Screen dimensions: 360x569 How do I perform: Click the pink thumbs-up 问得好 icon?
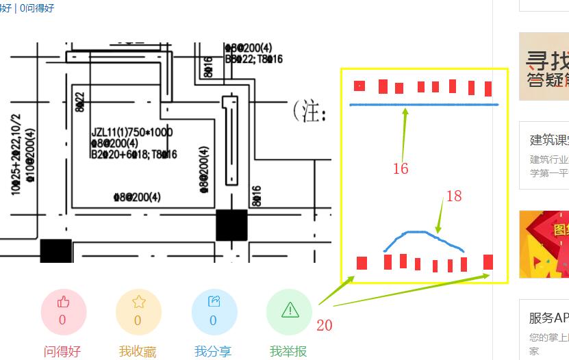tap(63, 311)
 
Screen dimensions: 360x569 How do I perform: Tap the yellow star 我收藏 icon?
tap(138, 311)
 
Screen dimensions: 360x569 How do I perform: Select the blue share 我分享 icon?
tap(214, 311)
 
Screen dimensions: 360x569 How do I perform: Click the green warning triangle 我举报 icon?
tap(290, 311)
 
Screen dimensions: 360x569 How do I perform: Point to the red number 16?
tap(401, 168)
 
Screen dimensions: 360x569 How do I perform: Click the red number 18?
tap(454, 196)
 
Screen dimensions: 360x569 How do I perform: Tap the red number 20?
tap(325, 326)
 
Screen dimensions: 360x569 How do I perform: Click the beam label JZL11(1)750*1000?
tap(132, 132)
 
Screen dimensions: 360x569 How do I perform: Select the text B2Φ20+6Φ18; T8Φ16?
tap(134, 155)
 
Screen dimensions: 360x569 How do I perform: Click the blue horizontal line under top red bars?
tap(425, 105)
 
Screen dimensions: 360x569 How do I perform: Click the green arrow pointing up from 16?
tap(405, 133)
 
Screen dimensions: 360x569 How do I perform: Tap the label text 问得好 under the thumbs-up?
tap(62, 352)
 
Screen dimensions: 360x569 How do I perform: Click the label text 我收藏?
tap(138, 352)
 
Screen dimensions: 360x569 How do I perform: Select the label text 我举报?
tap(289, 352)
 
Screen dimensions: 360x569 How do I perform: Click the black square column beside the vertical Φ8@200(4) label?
tap(231, 225)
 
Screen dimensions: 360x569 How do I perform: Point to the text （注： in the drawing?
tap(307, 112)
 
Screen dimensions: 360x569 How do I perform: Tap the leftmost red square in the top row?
tap(359, 86)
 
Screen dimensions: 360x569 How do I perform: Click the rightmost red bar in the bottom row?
tap(488, 262)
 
